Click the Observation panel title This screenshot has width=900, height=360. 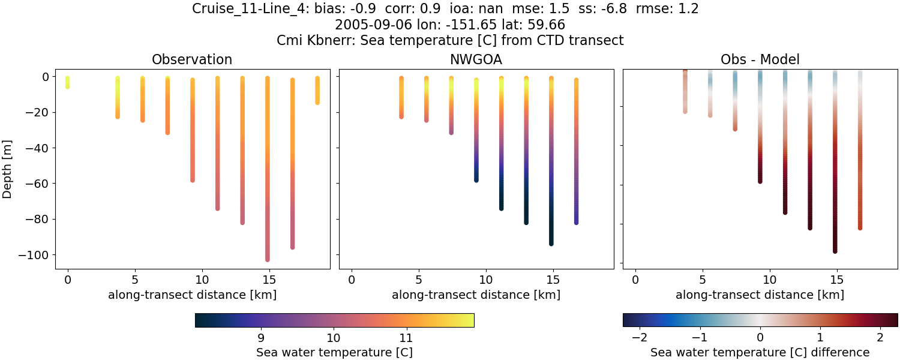click(191, 59)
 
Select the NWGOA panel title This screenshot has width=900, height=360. click(476, 59)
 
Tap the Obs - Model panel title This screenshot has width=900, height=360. click(760, 59)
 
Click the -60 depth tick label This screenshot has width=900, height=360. click(46, 184)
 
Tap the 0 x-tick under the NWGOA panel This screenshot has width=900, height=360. click(352, 280)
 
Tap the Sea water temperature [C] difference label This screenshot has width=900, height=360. click(760, 352)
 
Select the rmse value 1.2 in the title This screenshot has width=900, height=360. click(688, 9)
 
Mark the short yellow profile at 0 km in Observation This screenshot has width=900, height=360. click(67, 82)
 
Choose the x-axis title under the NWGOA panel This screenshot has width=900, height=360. click(476, 295)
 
